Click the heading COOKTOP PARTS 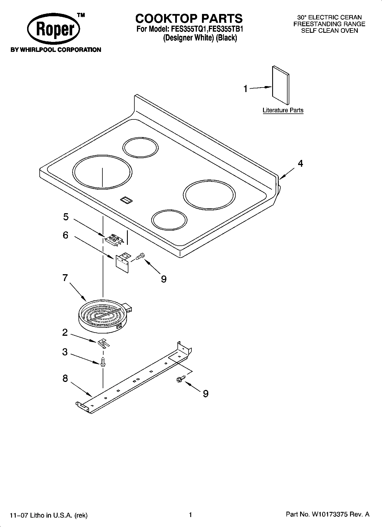point(189,19)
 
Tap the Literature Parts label point(283,110)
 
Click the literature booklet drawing point(280,85)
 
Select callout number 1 point(246,89)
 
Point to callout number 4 point(300,163)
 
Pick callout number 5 point(66,217)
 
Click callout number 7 point(65,277)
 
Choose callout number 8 point(65,379)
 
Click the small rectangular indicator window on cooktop point(126,200)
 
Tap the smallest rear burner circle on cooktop point(140,148)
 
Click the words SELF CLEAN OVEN point(329,31)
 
